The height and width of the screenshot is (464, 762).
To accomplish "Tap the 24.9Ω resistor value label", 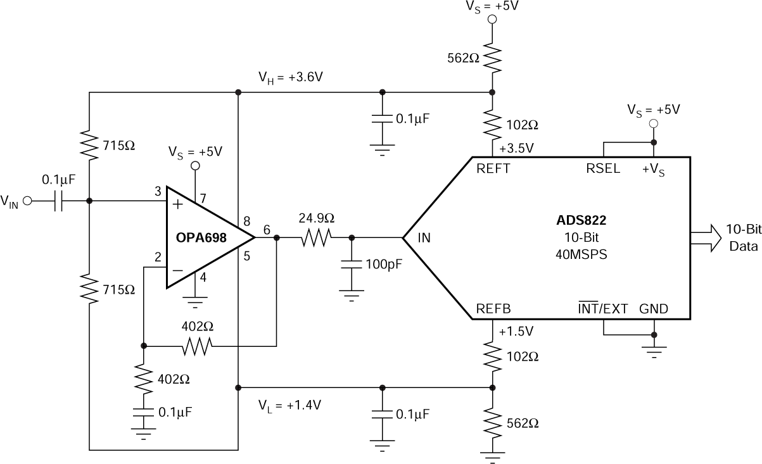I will click(x=317, y=218).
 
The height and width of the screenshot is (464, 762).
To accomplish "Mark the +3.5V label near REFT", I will click(x=516, y=149).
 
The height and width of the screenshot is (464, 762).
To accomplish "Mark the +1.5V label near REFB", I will click(x=516, y=332).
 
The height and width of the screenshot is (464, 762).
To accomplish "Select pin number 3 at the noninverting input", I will click(x=156, y=191).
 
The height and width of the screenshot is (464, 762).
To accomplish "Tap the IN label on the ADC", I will click(x=425, y=239).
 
